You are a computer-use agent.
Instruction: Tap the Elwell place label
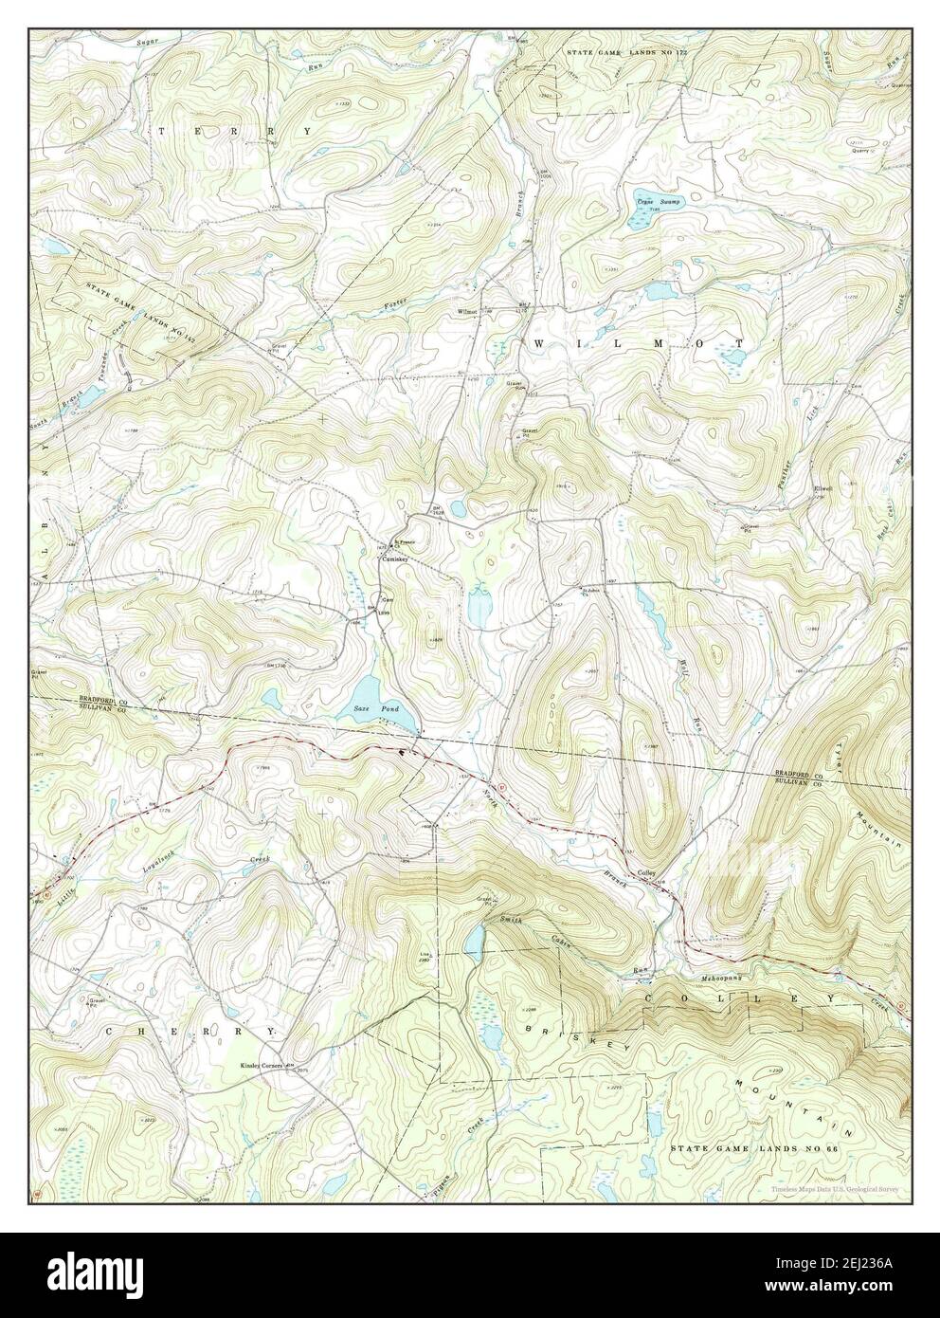pos(822,489)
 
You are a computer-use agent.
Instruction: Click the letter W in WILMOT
pos(540,342)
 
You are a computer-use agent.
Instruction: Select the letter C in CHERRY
pos(112,1030)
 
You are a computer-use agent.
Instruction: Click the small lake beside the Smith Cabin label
pos(475,940)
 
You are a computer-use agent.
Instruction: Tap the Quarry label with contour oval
pos(860,149)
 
